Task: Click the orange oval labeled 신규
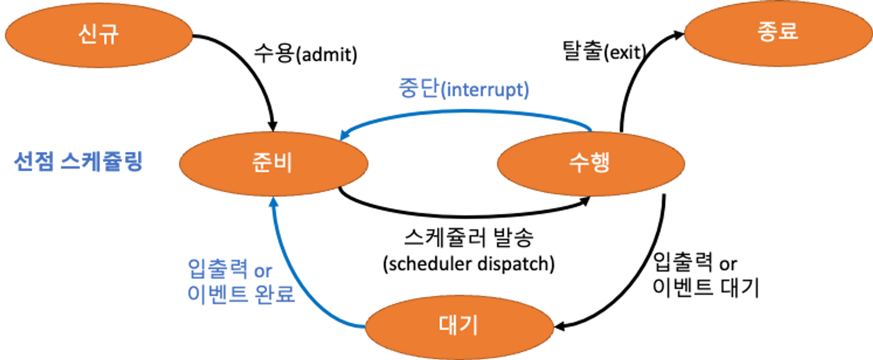(99, 35)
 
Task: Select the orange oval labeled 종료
(778, 33)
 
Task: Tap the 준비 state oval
(274, 164)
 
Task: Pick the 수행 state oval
(591, 164)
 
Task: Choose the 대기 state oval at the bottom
(459, 327)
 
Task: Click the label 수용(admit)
(306, 54)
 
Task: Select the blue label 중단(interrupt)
(464, 89)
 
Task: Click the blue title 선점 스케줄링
(78, 161)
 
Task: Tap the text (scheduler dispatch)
(469, 264)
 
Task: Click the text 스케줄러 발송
(469, 237)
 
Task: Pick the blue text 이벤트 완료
(241, 294)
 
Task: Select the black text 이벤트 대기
(706, 288)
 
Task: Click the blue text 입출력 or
(230, 269)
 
